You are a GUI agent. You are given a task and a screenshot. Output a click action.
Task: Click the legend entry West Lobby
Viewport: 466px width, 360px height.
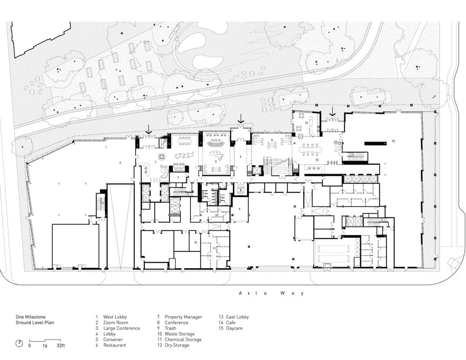click(x=115, y=317)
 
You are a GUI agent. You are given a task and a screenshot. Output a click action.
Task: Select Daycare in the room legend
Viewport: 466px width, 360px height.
click(x=234, y=328)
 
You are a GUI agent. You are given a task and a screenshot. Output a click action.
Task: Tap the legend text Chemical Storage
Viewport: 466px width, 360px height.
click(x=183, y=340)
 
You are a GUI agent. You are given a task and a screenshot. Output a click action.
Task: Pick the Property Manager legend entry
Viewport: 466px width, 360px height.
click(x=183, y=317)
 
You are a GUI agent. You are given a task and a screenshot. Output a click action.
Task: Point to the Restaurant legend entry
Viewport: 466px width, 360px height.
click(x=115, y=345)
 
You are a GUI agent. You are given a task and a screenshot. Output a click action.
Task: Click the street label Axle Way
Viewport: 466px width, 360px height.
click(x=272, y=293)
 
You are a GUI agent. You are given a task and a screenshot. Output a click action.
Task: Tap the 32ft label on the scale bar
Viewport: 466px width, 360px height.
click(x=61, y=346)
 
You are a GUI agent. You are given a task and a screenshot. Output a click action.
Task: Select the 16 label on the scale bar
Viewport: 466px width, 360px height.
click(x=45, y=346)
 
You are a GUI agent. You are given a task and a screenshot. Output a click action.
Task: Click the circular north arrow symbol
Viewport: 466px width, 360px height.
click(x=19, y=343)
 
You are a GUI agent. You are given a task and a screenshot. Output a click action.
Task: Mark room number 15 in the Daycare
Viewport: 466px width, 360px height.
click(x=393, y=141)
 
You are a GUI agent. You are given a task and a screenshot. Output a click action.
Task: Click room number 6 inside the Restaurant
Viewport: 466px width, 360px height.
click(x=120, y=163)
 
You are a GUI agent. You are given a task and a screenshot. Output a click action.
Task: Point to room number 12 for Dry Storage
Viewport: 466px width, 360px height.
click(x=195, y=243)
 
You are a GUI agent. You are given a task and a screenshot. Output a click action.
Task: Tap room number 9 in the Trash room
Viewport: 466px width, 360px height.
click(x=239, y=209)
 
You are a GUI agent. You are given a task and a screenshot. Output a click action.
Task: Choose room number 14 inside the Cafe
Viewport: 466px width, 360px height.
click(x=306, y=122)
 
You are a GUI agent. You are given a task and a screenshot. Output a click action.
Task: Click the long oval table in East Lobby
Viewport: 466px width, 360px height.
click(x=310, y=149)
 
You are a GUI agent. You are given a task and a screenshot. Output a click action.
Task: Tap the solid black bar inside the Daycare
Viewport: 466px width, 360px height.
click(x=376, y=143)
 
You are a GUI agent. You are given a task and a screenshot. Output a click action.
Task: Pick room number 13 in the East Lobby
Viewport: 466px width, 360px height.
click(x=317, y=160)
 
